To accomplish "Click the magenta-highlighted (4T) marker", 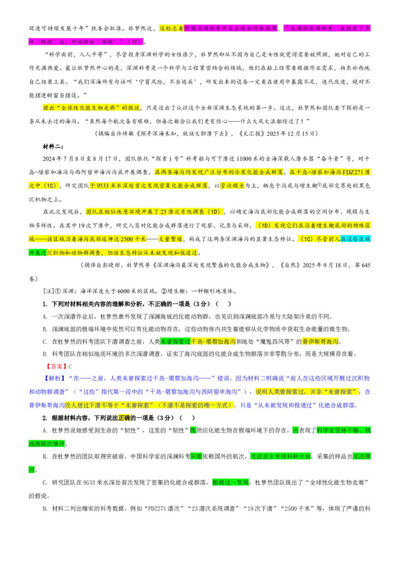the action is click(x=135, y=42).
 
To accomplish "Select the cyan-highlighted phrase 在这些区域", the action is click(x=355, y=239).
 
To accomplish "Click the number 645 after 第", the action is click(x=366, y=265).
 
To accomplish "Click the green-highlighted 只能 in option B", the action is click(x=196, y=456).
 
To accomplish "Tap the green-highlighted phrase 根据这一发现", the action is click(x=230, y=482).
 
